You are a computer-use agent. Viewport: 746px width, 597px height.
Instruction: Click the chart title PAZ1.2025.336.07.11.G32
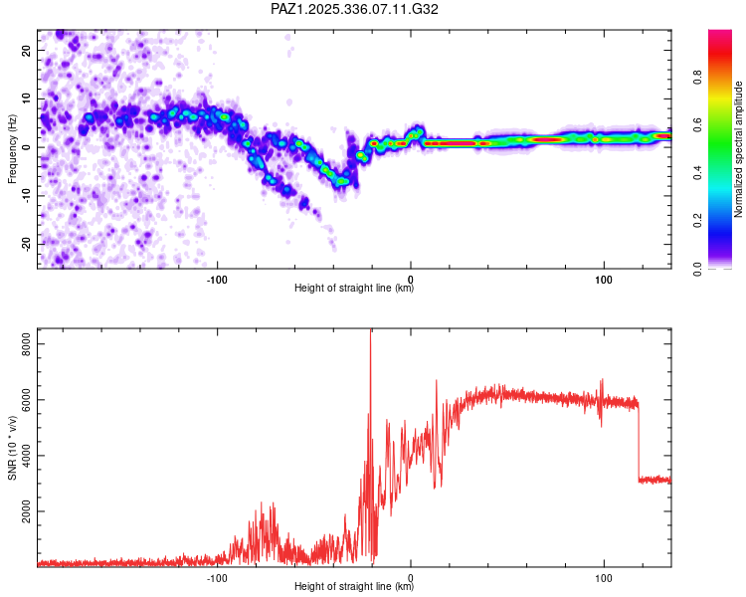point(355,9)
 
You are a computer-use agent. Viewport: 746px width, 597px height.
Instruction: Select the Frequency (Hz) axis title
point(12,149)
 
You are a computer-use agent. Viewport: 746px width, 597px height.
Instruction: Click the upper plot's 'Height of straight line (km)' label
point(354,288)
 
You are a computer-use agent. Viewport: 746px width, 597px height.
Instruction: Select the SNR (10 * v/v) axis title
point(12,448)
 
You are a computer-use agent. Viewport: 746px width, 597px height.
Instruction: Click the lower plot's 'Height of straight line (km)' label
point(354,586)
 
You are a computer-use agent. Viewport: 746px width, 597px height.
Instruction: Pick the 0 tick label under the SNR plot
point(411,575)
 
